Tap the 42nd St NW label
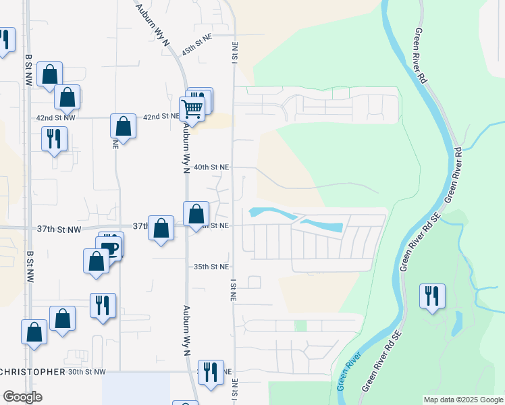tap(56, 117)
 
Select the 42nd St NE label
tap(161, 117)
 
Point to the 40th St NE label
tap(211, 167)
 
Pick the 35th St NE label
tap(211, 267)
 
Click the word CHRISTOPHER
tap(33, 372)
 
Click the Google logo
tap(22, 397)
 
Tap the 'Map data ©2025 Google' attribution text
tap(463, 400)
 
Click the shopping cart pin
tap(192, 108)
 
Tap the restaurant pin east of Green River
tap(432, 296)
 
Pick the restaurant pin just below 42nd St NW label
tap(54, 140)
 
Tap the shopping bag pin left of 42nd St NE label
tap(123, 126)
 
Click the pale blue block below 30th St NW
tap(136, 389)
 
